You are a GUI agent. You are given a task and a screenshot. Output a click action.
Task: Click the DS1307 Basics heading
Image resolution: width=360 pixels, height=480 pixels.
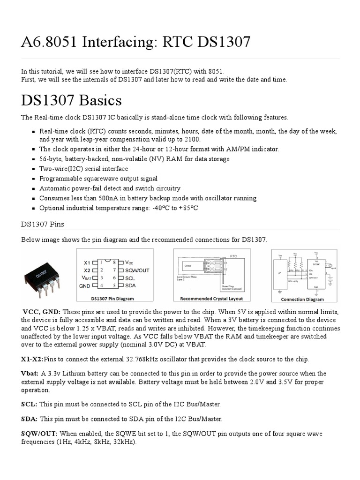[x=71, y=100]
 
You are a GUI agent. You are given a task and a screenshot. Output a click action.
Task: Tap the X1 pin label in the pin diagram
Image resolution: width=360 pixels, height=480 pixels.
[x=87, y=262]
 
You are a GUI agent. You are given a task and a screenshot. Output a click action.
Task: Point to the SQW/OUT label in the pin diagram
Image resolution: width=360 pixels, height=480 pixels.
[x=137, y=270]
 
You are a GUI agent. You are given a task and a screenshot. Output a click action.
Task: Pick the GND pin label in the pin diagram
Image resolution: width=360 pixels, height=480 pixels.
[x=85, y=285]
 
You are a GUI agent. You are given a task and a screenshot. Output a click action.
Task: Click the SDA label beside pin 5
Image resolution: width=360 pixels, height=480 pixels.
[x=130, y=285]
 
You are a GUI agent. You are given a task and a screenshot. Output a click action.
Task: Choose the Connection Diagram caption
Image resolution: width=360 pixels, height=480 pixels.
[x=302, y=299]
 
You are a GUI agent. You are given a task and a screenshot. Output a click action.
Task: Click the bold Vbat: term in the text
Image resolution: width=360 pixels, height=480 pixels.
[x=30, y=374]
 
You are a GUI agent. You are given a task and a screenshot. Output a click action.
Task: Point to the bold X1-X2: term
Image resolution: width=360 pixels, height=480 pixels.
[x=31, y=359]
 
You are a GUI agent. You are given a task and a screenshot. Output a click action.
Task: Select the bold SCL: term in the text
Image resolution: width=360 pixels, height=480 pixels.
[x=29, y=404]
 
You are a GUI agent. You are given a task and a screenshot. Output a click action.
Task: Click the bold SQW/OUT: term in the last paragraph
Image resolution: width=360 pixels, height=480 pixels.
[x=39, y=434]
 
